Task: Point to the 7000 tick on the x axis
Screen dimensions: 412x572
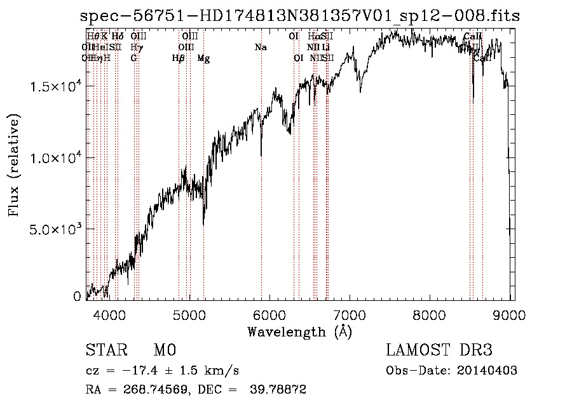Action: click(x=350, y=314)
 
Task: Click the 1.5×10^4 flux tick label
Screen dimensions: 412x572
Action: click(x=53, y=86)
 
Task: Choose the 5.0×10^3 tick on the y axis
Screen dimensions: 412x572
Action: click(x=53, y=229)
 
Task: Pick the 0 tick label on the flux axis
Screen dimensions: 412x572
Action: click(x=77, y=296)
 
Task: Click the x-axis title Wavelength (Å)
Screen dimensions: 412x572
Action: click(x=300, y=331)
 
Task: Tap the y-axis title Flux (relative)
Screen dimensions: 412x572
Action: click(x=14, y=165)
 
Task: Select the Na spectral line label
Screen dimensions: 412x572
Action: click(x=261, y=47)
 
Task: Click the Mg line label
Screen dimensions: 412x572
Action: click(x=203, y=58)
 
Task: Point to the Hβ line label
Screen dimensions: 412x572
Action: click(x=179, y=58)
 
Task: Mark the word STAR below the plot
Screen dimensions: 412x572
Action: click(x=104, y=350)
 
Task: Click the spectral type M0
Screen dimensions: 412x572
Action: click(x=164, y=350)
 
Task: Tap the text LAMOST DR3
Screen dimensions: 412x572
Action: click(x=439, y=350)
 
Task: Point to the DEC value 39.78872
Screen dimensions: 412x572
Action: click(x=280, y=390)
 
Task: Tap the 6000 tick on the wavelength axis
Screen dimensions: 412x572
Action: click(x=269, y=314)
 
